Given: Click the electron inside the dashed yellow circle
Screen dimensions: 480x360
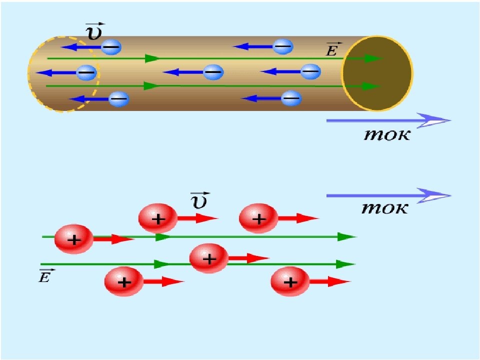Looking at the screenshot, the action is pyautogui.click(x=86, y=73).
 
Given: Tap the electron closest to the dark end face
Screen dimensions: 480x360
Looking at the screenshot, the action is pyautogui.click(x=310, y=72).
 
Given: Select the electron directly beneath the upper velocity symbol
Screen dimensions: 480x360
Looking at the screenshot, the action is pyautogui.click(x=111, y=47).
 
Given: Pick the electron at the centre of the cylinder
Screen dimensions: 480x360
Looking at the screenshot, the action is pyautogui.click(x=213, y=72).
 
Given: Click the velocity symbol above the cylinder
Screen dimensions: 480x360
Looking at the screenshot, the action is pyautogui.click(x=95, y=31).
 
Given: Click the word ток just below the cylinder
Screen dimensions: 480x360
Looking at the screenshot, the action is pyautogui.click(x=387, y=134).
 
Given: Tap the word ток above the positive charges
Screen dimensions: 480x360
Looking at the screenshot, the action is pyautogui.click(x=385, y=208).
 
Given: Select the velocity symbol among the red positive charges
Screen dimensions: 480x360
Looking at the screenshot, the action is pyautogui.click(x=200, y=201).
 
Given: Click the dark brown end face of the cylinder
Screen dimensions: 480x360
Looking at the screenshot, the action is pyautogui.click(x=377, y=73).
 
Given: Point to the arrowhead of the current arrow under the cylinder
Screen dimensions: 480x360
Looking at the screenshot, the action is pyautogui.click(x=434, y=120).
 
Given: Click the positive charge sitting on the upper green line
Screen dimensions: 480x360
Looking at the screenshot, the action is pyautogui.click(x=74, y=239).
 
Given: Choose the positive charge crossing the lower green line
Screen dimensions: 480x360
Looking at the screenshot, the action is pyautogui.click(x=209, y=258).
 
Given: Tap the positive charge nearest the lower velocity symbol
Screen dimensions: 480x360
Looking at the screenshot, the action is pyautogui.click(x=158, y=218).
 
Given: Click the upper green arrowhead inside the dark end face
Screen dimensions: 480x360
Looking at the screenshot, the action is pyautogui.click(x=373, y=58).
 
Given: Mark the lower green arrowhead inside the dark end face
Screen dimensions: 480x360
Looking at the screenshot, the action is pyautogui.click(x=371, y=86).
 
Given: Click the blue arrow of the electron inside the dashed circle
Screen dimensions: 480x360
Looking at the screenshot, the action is pyautogui.click(x=56, y=73).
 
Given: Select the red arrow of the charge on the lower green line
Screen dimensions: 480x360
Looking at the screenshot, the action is pyautogui.click(x=248, y=258).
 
